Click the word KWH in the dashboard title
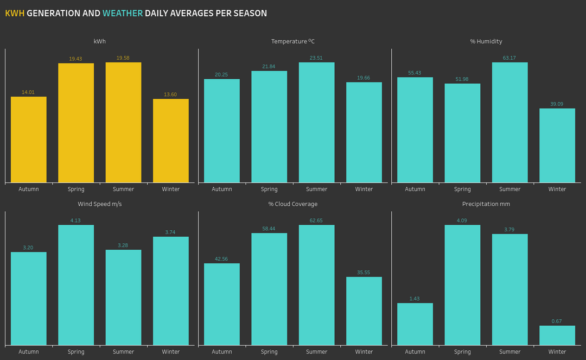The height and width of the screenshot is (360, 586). click(x=15, y=13)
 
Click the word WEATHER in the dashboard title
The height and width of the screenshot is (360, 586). click(x=123, y=13)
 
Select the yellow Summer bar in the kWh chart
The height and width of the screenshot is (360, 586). click(x=123, y=122)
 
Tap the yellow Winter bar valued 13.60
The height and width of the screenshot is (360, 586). click(x=171, y=141)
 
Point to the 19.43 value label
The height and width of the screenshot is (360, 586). click(x=75, y=59)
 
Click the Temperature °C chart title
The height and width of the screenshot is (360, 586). click(x=293, y=41)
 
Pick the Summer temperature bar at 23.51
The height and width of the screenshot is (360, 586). click(x=316, y=122)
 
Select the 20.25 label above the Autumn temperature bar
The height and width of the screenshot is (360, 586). click(x=221, y=74)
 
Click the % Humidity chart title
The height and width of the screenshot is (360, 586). click(x=486, y=41)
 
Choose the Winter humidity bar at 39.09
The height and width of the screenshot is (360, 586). click(x=557, y=146)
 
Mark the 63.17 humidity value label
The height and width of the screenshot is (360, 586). click(x=509, y=58)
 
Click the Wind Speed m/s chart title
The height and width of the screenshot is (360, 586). click(x=100, y=204)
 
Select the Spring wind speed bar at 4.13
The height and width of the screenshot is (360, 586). click(x=76, y=285)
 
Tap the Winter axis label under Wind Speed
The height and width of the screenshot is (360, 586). click(x=171, y=352)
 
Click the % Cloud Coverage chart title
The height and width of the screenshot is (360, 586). click(x=293, y=204)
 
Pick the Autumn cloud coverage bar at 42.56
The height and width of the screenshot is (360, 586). click(x=221, y=304)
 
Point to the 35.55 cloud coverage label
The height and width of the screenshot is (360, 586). click(x=364, y=273)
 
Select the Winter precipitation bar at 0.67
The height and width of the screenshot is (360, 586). click(x=557, y=336)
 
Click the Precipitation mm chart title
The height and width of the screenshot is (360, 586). click(x=486, y=204)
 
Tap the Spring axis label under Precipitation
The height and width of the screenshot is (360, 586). click(x=462, y=352)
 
